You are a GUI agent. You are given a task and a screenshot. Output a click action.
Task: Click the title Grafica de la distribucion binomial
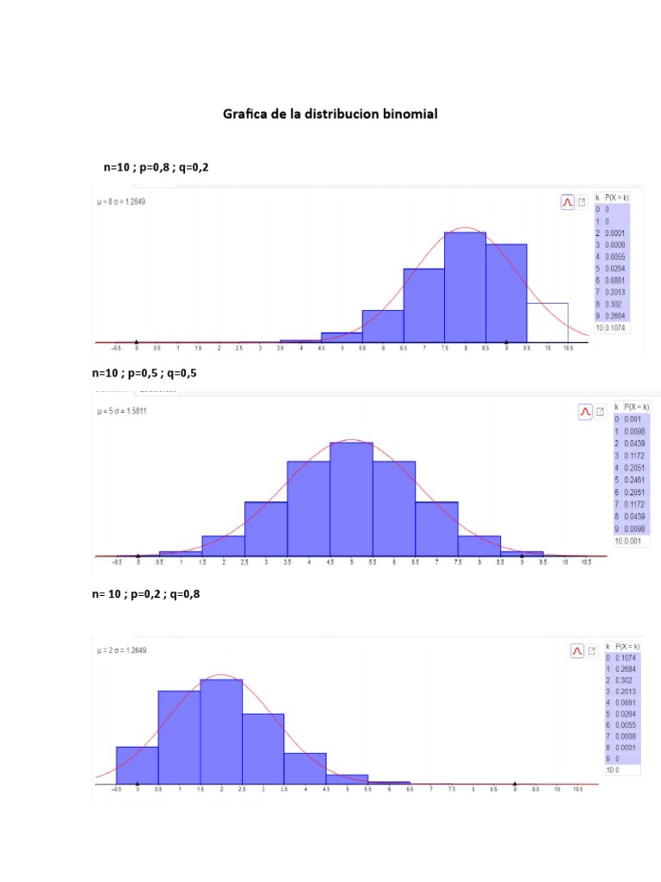click(330, 114)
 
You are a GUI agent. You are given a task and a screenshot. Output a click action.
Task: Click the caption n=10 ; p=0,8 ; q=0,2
click(156, 168)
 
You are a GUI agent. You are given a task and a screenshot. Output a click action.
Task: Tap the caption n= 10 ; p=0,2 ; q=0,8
click(151, 593)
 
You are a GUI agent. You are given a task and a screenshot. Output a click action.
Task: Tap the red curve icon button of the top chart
click(567, 202)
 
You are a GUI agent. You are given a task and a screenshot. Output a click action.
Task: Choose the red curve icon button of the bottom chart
click(578, 651)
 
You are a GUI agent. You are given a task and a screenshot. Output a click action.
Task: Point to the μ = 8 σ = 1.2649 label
click(133, 202)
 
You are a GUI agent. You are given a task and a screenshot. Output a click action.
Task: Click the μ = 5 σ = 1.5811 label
click(133, 411)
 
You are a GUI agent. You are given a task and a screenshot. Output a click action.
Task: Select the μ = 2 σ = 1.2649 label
click(122, 650)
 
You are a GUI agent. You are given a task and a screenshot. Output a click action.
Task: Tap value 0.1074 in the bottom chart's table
click(627, 657)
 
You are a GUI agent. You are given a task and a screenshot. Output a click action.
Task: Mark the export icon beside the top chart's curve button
click(582, 202)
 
